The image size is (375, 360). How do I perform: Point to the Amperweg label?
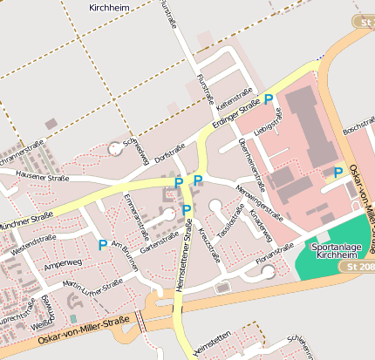tap(62, 262)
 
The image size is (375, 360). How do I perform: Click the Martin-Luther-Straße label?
tap(93, 286)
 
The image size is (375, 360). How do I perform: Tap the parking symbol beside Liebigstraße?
tap(269, 99)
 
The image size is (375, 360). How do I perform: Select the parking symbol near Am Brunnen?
tap(102, 245)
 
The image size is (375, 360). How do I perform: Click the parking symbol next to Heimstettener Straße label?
tap(187, 209)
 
